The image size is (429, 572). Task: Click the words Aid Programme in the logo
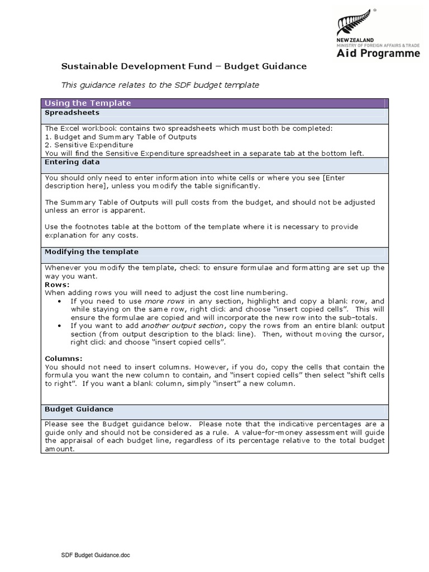[x=385, y=54]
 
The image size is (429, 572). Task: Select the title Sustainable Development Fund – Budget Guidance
[x=184, y=66]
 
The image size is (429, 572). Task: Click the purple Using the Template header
[x=88, y=103]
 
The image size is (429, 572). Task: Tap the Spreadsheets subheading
[x=71, y=112]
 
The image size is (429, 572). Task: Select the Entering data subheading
[x=72, y=162]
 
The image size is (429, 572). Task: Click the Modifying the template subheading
[x=91, y=252]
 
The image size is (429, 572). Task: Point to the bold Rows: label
[x=57, y=284]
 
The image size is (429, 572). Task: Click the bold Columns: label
[x=63, y=359]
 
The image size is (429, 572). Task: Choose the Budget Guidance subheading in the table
[x=79, y=409]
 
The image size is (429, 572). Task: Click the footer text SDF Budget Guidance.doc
[x=96, y=556]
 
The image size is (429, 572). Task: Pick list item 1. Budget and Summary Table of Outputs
[x=120, y=137]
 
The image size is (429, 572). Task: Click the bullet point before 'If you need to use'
[x=60, y=301]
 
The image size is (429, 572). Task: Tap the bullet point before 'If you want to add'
[x=60, y=326]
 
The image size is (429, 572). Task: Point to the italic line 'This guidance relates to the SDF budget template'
[x=160, y=85]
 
